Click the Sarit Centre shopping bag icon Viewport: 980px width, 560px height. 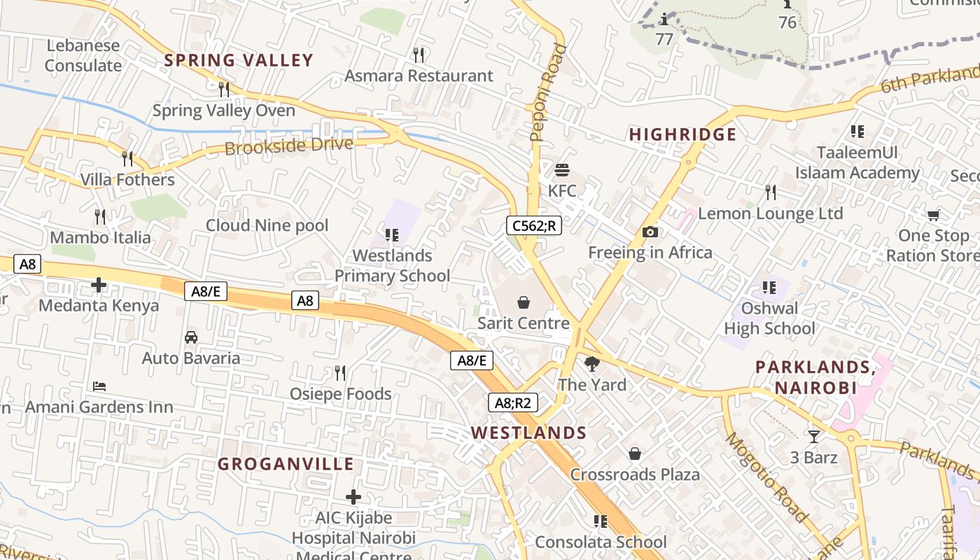(523, 302)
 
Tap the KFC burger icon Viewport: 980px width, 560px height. (562, 170)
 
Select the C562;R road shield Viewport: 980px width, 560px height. (534, 225)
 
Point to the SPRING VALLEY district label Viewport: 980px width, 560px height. (239, 60)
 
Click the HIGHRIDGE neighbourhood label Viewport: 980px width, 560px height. (682, 134)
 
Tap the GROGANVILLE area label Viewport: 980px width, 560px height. (286, 464)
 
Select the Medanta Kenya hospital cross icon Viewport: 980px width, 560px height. (99, 285)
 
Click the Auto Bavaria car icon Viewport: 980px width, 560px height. (191, 337)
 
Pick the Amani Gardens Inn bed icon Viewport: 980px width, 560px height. (99, 386)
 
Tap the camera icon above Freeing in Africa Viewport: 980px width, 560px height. (650, 232)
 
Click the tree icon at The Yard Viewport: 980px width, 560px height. (592, 363)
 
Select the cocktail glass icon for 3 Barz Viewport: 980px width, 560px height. (813, 437)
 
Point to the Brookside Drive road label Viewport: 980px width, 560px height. (288, 146)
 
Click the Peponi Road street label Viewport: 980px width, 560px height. (548, 92)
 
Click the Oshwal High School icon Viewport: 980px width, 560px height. (769, 287)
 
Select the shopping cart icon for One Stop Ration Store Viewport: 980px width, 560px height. (933, 215)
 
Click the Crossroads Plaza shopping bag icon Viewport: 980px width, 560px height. (635, 454)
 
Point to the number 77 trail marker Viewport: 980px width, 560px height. (664, 38)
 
